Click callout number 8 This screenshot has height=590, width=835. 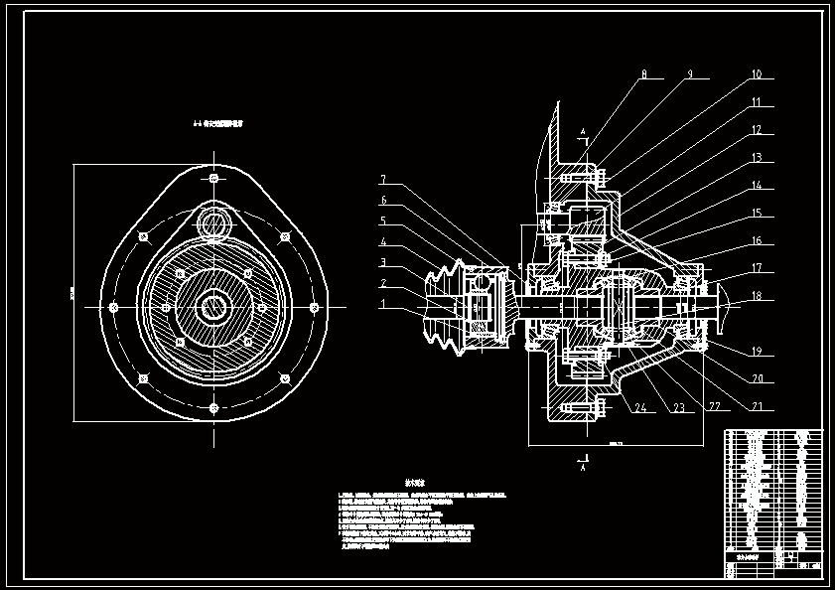[643, 74]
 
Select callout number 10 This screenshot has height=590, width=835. [757, 74]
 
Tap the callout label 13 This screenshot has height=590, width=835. [757, 158]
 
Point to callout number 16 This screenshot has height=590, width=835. [757, 241]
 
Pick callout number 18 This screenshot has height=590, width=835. [757, 296]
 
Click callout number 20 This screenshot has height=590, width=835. [757, 378]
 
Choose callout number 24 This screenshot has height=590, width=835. [640, 407]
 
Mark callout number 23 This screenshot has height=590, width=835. [679, 407]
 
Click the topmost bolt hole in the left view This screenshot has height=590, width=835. [213, 179]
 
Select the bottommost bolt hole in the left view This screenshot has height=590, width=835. [213, 407]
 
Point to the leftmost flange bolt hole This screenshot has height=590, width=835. [113, 306]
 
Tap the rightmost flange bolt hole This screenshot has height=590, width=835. [315, 306]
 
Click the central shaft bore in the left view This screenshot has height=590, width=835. [213, 306]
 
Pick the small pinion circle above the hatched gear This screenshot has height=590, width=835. [213, 221]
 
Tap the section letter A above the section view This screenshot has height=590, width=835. [583, 132]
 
